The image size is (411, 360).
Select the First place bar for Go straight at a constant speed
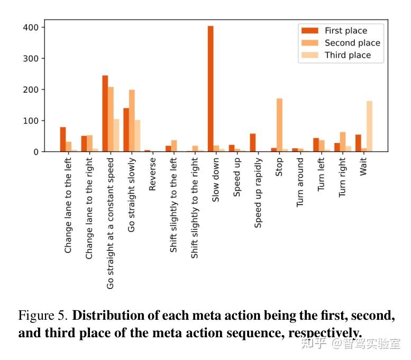(105, 114)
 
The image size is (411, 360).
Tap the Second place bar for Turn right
(343, 142)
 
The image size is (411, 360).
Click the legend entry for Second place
(352, 43)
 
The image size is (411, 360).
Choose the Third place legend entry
(348, 55)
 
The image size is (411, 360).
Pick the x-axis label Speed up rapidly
(258, 193)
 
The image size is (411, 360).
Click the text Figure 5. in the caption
(43, 316)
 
